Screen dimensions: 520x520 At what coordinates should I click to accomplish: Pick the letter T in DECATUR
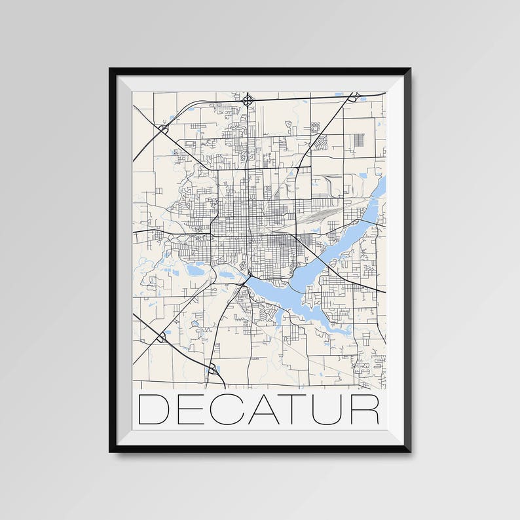click(295, 409)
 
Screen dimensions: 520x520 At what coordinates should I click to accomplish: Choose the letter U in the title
click(329, 409)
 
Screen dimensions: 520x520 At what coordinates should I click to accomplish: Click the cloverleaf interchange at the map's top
click(248, 100)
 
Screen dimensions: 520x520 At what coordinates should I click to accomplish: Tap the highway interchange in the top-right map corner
click(353, 98)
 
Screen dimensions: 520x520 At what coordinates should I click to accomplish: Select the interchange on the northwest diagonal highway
click(162, 129)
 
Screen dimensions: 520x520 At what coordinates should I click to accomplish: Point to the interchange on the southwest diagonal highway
click(161, 337)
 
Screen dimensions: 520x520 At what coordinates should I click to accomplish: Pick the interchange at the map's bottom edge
click(212, 369)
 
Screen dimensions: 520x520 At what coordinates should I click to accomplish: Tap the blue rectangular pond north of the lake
click(363, 176)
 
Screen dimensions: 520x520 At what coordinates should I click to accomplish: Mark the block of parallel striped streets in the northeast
click(358, 141)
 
